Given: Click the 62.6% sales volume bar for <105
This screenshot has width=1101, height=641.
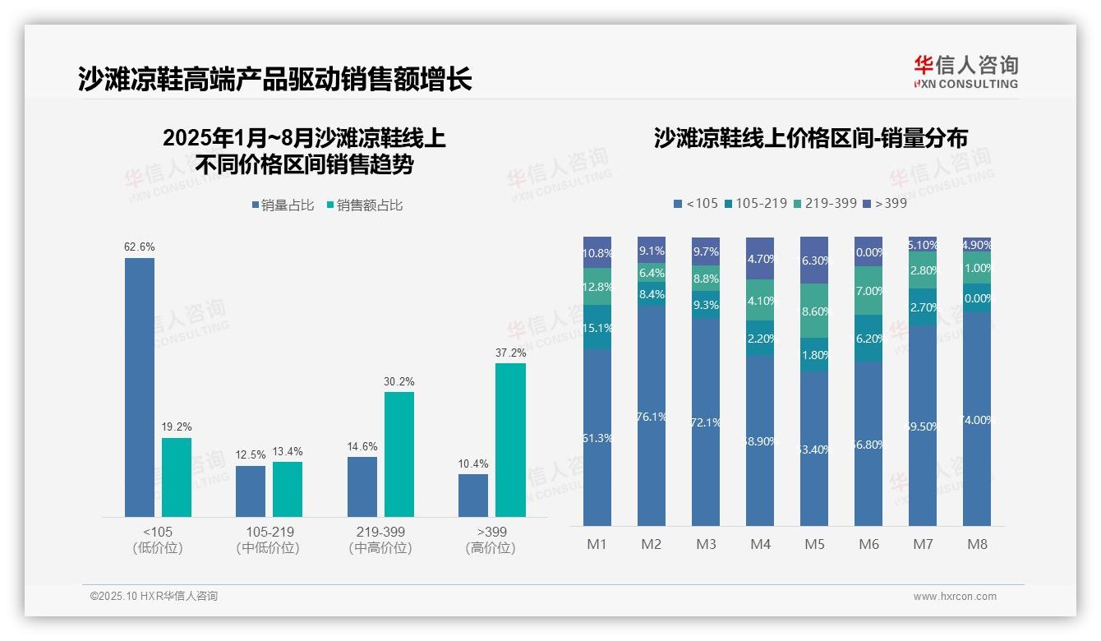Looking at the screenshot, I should pyautogui.click(x=140, y=387).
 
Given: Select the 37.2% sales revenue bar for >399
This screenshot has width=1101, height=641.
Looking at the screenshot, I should pyautogui.click(x=510, y=440).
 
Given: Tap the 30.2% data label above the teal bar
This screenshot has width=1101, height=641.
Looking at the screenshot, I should pyautogui.click(x=399, y=381).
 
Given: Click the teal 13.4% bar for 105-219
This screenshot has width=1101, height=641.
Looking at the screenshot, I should pyautogui.click(x=288, y=489).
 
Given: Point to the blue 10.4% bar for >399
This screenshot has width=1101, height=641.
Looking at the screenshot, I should pyautogui.click(x=473, y=496).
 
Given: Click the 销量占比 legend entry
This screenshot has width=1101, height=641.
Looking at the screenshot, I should pyautogui.click(x=283, y=205).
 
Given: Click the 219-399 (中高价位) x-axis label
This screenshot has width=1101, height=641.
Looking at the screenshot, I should pyautogui.click(x=380, y=540).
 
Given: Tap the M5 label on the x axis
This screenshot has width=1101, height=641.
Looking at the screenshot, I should pyautogui.click(x=814, y=544).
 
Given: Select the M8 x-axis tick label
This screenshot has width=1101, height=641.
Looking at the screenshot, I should pyautogui.click(x=977, y=544).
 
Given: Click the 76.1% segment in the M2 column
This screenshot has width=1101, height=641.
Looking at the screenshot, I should pyautogui.click(x=652, y=416).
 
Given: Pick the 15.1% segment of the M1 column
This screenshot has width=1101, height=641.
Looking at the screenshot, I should pyautogui.click(x=597, y=327).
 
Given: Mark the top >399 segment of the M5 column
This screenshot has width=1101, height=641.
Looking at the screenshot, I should pyautogui.click(x=814, y=260).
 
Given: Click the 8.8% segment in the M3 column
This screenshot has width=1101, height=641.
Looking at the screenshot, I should pyautogui.click(x=706, y=278).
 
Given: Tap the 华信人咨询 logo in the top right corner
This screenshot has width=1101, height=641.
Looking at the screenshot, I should pyautogui.click(x=965, y=72).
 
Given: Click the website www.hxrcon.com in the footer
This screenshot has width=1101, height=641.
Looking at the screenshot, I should pyautogui.click(x=955, y=597).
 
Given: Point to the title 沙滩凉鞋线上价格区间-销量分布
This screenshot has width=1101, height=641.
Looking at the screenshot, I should pyautogui.click(x=810, y=138).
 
